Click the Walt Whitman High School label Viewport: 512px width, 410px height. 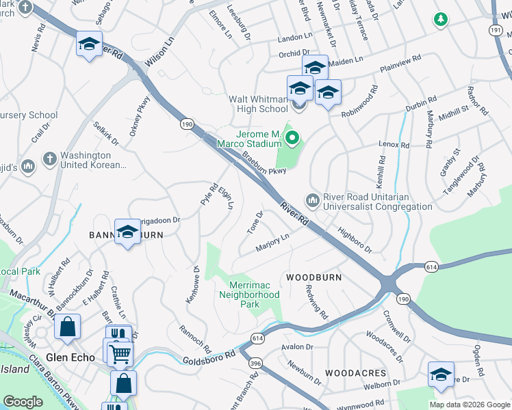(258, 104)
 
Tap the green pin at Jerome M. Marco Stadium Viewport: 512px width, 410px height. (293, 139)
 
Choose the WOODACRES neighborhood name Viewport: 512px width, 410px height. (355, 373)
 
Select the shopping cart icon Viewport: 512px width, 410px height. (120, 353)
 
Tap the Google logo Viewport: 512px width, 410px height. (23, 402)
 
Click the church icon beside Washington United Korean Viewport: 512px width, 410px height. (49, 159)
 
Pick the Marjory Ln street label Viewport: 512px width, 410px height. (272, 243)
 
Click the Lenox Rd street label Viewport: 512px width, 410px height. (394, 145)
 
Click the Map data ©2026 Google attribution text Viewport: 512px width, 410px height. (470, 404)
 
